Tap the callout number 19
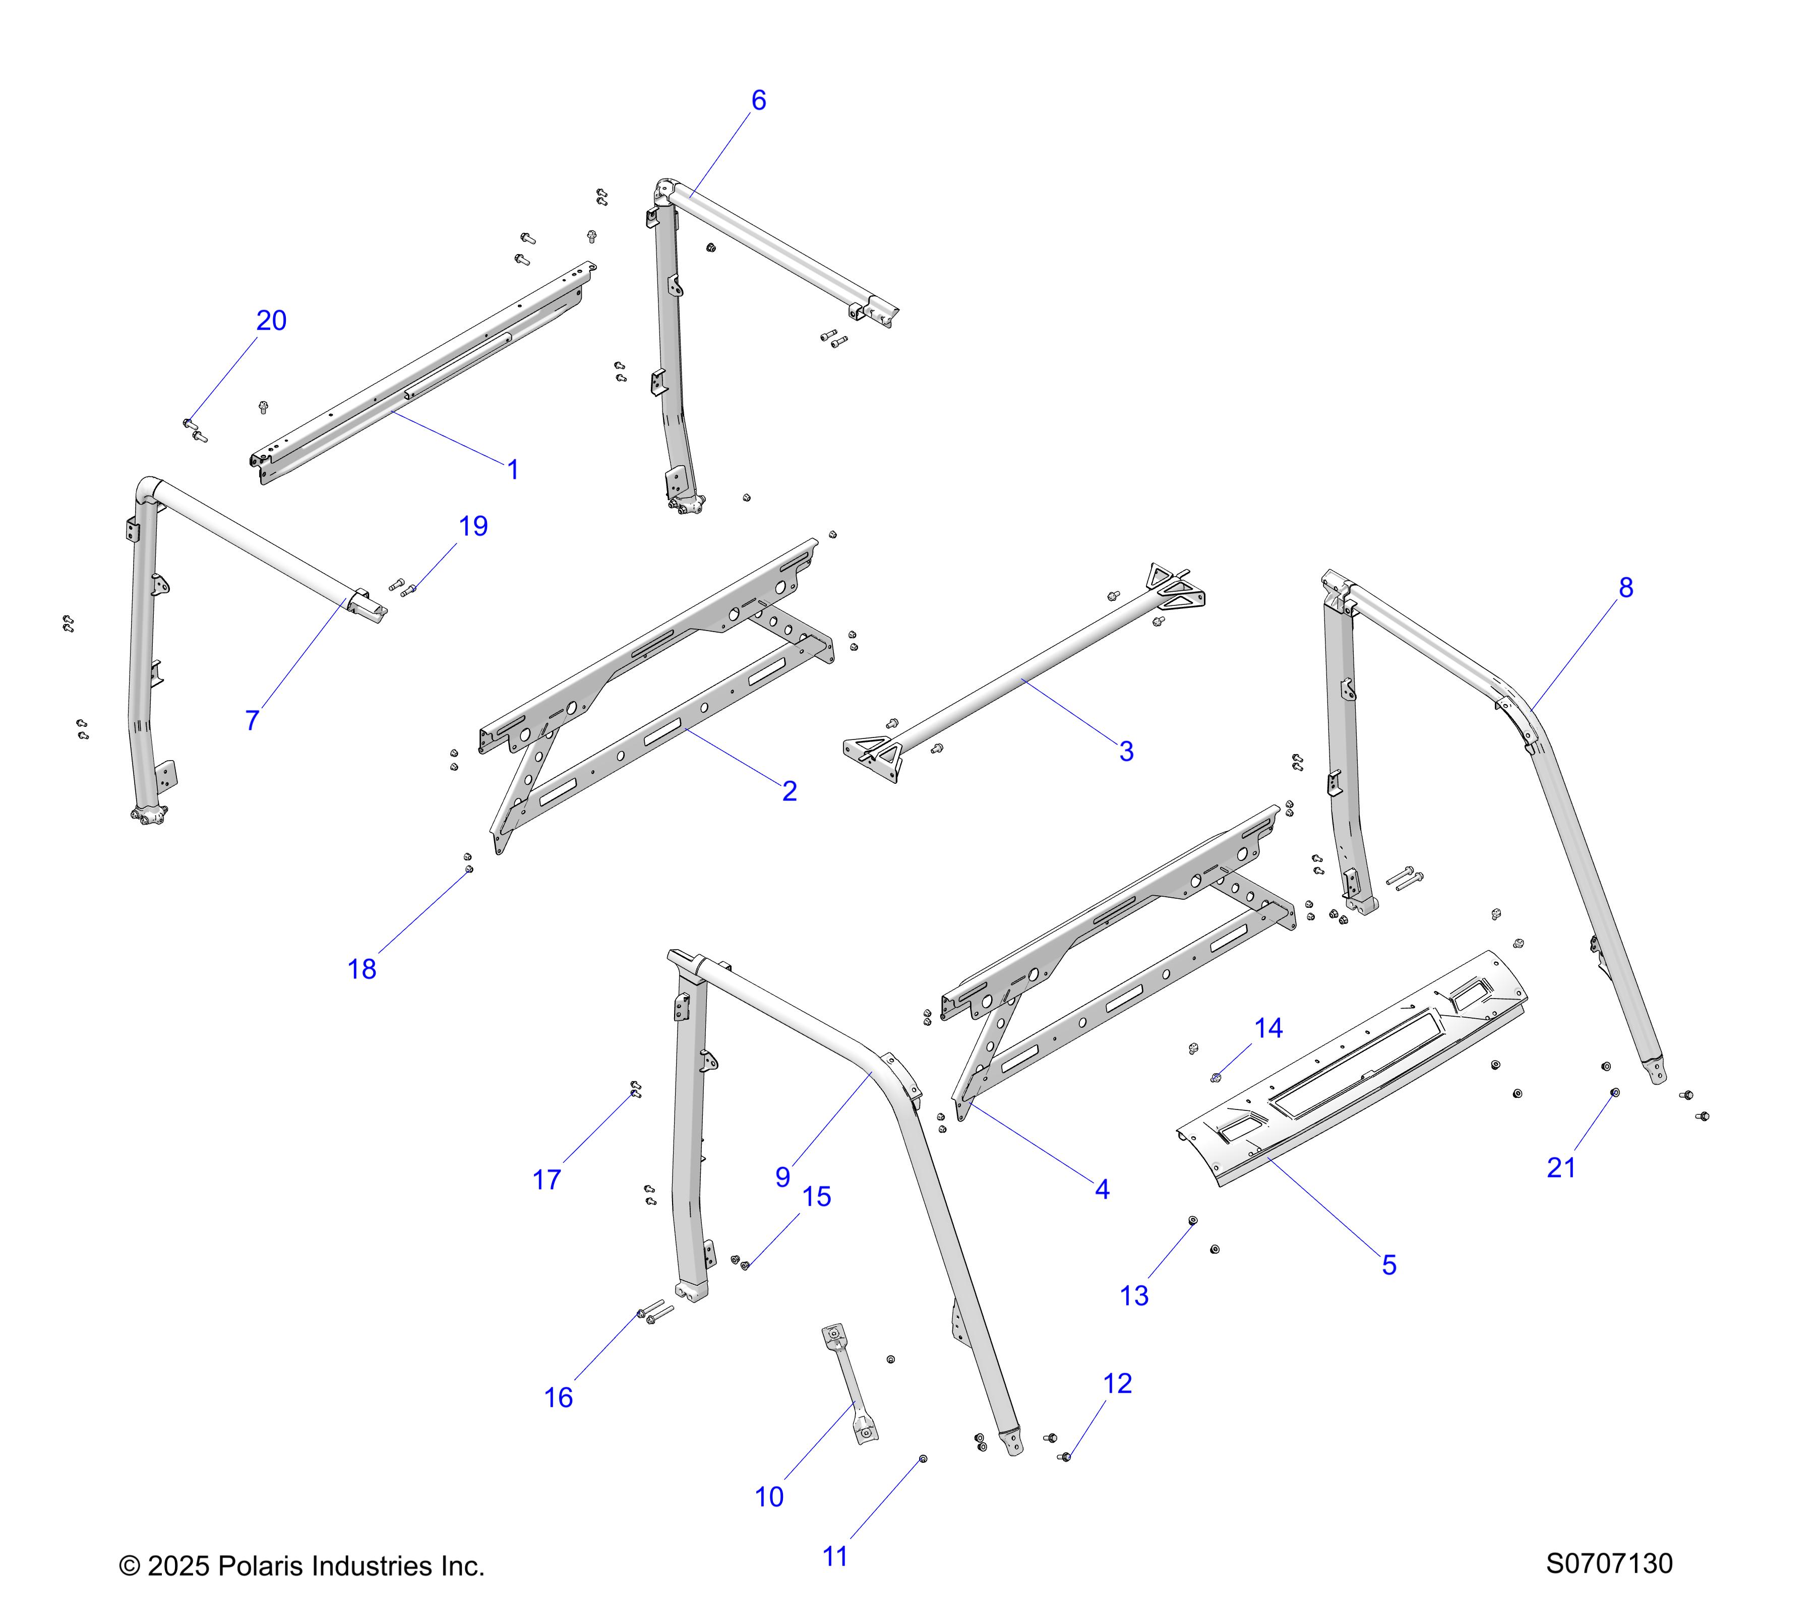point(473,526)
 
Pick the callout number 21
point(1561,1167)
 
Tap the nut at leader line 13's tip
point(1192,1221)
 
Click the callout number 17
point(546,1180)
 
